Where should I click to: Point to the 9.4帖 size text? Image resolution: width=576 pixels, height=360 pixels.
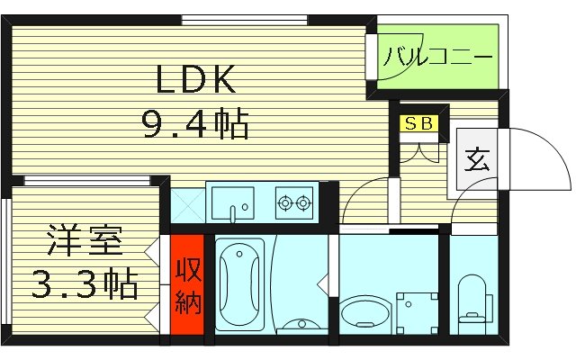coord(195,124)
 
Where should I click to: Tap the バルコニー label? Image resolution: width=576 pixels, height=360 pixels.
coord(437,58)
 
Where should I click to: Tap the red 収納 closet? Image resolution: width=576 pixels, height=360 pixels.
coord(186,286)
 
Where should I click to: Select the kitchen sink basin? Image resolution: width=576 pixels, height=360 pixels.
coord(234,203)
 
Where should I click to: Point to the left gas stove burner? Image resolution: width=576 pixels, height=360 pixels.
coord(287,203)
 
